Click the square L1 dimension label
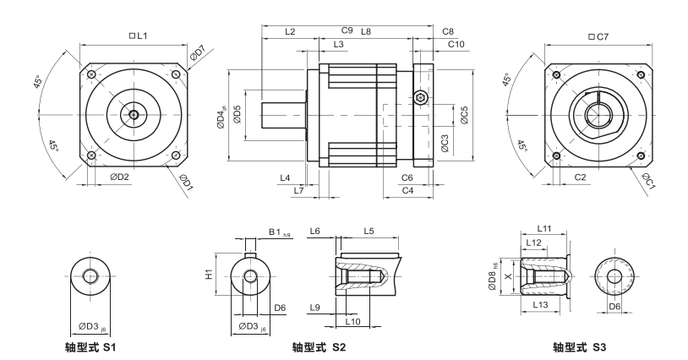[137, 36]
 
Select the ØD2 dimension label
[119, 177]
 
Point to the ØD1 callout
[187, 181]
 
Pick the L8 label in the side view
[366, 31]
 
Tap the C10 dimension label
[456, 43]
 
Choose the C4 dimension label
[407, 191]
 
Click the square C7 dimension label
[598, 36]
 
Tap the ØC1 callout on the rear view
[647, 180]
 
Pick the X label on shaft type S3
[508, 276]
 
